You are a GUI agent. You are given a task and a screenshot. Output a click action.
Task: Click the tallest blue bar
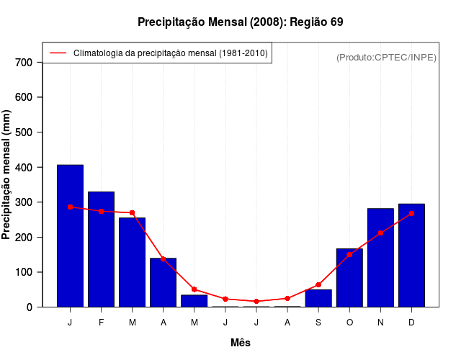point(70,236)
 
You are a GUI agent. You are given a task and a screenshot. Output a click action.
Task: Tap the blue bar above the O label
point(349,278)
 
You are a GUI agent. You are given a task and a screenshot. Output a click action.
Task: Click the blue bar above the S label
point(318,298)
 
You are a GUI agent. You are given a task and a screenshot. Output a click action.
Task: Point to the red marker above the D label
point(411,213)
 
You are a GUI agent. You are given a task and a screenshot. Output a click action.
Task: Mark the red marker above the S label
point(318,285)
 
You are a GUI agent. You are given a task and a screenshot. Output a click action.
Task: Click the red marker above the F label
point(101,211)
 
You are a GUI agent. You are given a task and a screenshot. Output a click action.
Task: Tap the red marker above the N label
point(380,233)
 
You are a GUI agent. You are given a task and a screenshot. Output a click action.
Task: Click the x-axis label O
point(349,323)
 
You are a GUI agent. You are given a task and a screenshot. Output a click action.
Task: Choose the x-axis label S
point(318,323)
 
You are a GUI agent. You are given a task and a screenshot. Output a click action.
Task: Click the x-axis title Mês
point(241,343)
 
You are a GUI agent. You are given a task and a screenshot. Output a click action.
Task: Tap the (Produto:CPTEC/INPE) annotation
point(386,57)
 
